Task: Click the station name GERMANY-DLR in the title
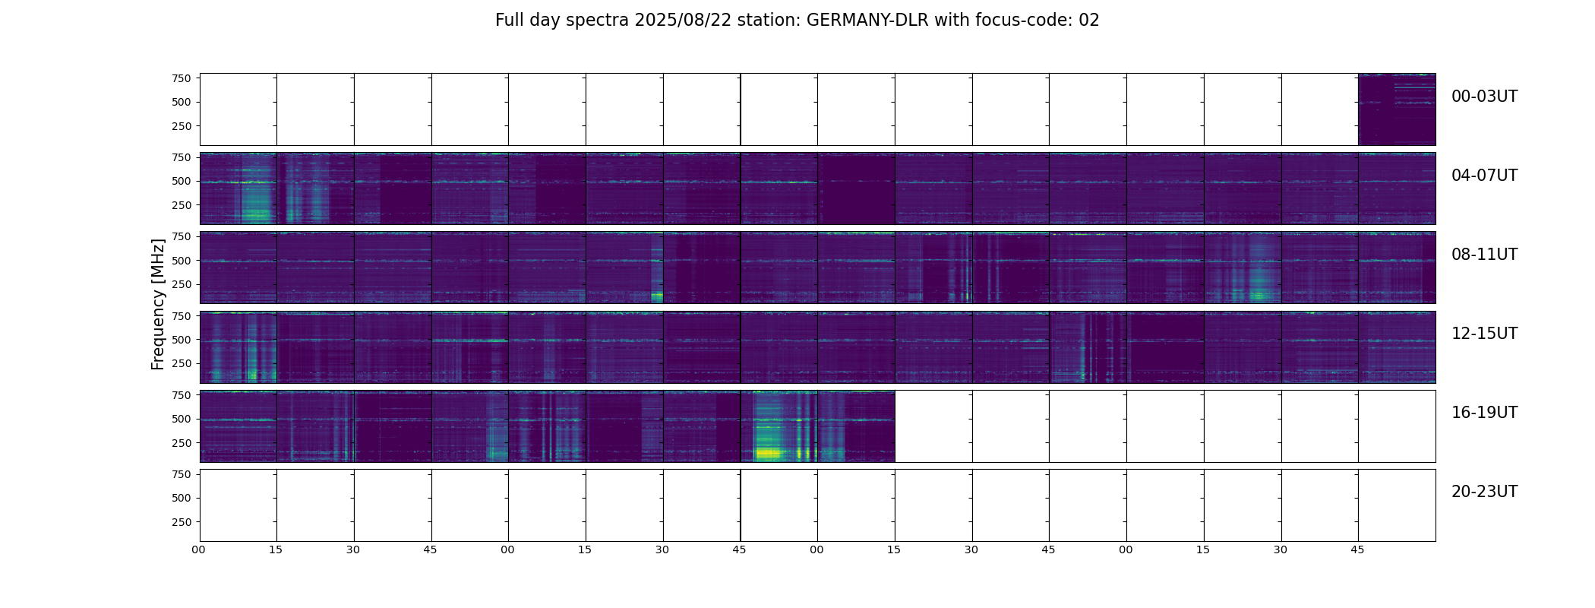(x=867, y=21)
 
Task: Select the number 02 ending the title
(x=1089, y=21)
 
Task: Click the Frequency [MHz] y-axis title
(x=158, y=304)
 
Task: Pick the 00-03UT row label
(x=1484, y=97)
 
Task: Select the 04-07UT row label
(x=1484, y=176)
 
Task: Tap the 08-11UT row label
(x=1484, y=255)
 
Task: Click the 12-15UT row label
(x=1484, y=334)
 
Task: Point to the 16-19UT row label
(x=1484, y=413)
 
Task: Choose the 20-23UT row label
(x=1484, y=492)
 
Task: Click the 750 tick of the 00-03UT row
(x=181, y=78)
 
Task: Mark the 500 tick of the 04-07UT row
(x=181, y=182)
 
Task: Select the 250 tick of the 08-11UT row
(x=181, y=285)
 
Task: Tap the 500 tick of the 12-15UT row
(x=181, y=340)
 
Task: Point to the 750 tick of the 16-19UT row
(x=181, y=395)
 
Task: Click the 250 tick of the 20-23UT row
(x=181, y=523)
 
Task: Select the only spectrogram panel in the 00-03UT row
(x=1396, y=109)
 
